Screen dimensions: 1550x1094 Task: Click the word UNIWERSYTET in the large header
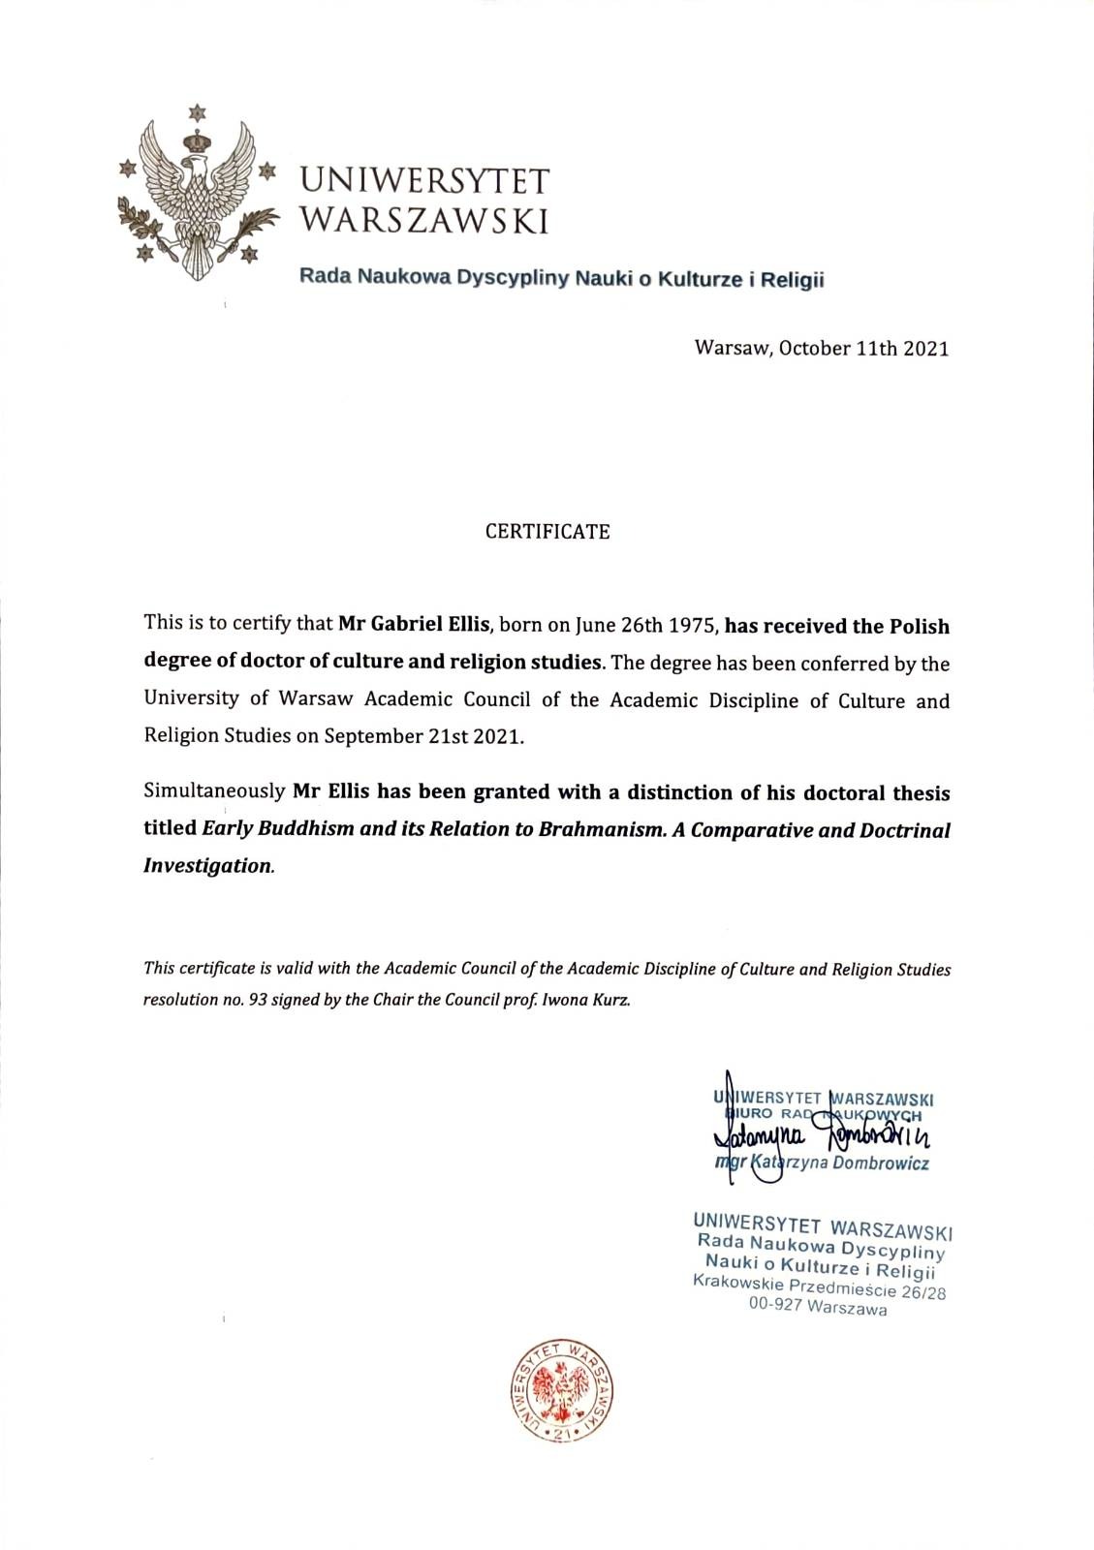point(423,181)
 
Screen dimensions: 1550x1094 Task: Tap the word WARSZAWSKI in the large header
point(423,221)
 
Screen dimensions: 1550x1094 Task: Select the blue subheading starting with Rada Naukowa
point(561,279)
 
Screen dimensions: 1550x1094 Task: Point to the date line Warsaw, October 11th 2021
point(822,349)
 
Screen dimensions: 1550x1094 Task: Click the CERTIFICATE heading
point(547,532)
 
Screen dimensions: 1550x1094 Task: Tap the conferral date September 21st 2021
point(423,735)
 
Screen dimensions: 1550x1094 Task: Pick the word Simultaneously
point(214,791)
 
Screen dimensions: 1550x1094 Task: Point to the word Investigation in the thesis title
point(207,866)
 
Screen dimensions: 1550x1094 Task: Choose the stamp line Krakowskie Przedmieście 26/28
point(820,1288)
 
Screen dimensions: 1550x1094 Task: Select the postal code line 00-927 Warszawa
point(818,1308)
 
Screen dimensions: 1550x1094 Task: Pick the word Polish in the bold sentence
point(920,626)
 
